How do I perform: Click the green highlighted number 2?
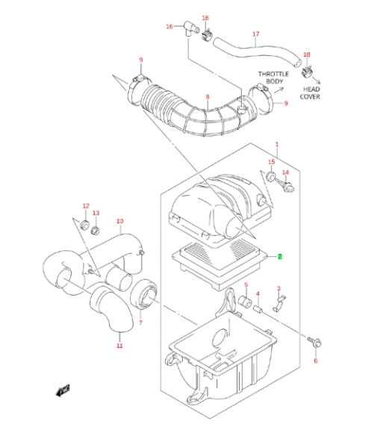pos(279,257)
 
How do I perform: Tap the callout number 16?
pos(169,26)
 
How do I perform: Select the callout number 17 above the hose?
pos(255,34)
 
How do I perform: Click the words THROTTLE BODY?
pos(273,78)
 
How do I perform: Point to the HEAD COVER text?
pos(311,93)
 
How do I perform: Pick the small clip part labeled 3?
pos(278,304)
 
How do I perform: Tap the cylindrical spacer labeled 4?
pos(258,309)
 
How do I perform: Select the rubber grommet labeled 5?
pos(245,302)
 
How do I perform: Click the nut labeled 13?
pos(96,230)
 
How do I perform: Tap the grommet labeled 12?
pos(85,225)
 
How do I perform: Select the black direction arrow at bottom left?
pos(63,390)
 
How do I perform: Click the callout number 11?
pos(119,346)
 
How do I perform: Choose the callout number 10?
pos(120,221)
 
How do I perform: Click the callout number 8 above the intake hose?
pos(208,96)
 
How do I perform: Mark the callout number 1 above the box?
pos(277,144)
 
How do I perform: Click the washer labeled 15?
pos(271,175)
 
